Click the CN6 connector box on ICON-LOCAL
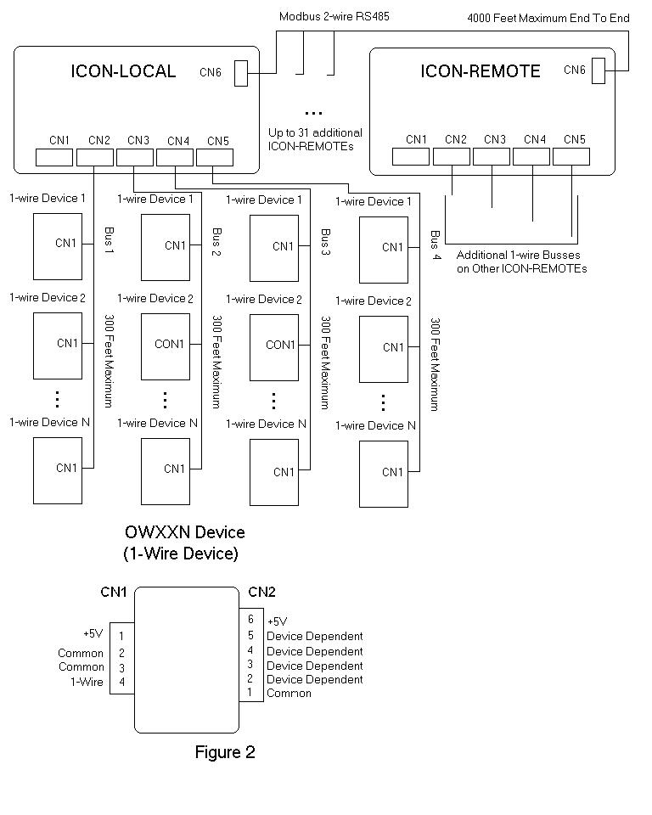pyautogui.click(x=241, y=73)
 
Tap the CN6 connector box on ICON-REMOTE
pyautogui.click(x=599, y=70)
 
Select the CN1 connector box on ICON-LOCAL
pyautogui.click(x=54, y=158)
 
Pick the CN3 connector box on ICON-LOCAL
pyautogui.click(x=135, y=158)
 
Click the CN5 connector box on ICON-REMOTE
pyautogui.click(x=571, y=156)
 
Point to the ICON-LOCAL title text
pyautogui.click(x=123, y=71)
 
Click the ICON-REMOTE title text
pyautogui.click(x=481, y=71)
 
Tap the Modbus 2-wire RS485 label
pyautogui.click(x=334, y=16)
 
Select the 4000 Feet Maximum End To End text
pyautogui.click(x=548, y=18)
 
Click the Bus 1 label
pyautogui.click(x=110, y=239)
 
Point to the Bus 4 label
pyautogui.click(x=436, y=244)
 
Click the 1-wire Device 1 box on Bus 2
pyautogui.click(x=166, y=247)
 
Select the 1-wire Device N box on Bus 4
pyautogui.click(x=384, y=474)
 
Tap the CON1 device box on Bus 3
pyautogui.click(x=274, y=348)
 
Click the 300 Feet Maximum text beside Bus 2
pyautogui.click(x=216, y=362)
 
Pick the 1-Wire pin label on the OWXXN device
pyautogui.click(x=87, y=682)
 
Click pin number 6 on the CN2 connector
pyautogui.click(x=250, y=619)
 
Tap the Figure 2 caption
pyautogui.click(x=225, y=752)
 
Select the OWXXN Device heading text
pyautogui.click(x=184, y=532)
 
